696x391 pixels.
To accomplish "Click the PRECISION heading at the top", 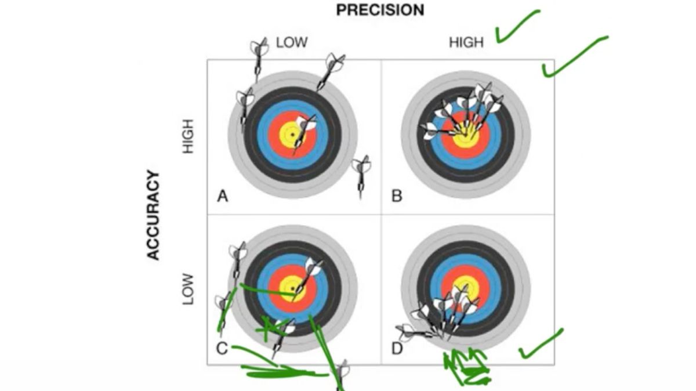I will (x=380, y=10).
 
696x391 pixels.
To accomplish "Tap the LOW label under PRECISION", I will (x=291, y=42).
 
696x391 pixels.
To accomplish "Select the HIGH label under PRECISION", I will (x=466, y=42).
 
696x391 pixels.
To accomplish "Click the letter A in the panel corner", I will (x=222, y=196).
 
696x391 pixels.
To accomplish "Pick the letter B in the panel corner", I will (x=397, y=196).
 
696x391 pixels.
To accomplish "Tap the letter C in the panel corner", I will (x=222, y=348).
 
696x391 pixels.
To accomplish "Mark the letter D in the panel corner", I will (x=397, y=348).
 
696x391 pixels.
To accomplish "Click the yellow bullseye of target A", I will (x=292, y=135).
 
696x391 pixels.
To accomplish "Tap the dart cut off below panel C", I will (x=342, y=374).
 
